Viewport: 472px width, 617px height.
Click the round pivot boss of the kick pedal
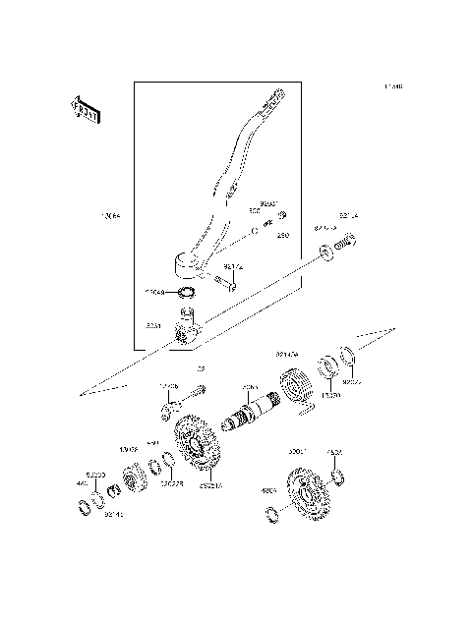(187, 263)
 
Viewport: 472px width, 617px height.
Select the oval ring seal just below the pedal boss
(185, 292)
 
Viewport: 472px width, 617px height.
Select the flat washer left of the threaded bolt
(325, 253)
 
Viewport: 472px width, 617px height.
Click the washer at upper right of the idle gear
(337, 477)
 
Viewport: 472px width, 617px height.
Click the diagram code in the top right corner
(393, 87)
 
